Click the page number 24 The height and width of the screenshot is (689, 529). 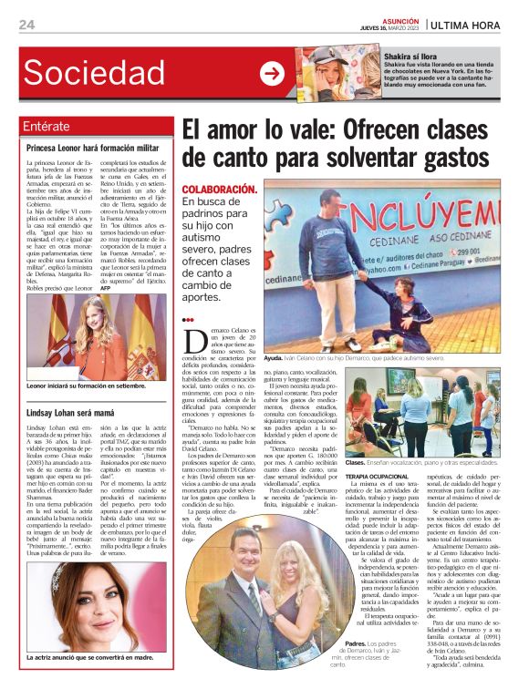tap(27, 25)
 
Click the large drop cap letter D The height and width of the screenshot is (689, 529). tap(193, 341)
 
